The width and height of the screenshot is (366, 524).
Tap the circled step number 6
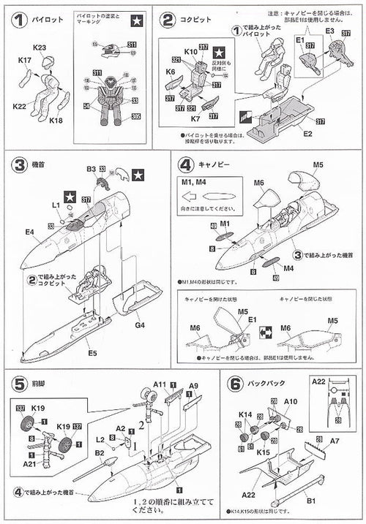pos(236,383)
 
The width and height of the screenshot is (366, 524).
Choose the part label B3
pos(91,170)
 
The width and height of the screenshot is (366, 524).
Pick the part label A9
pos(194,387)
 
